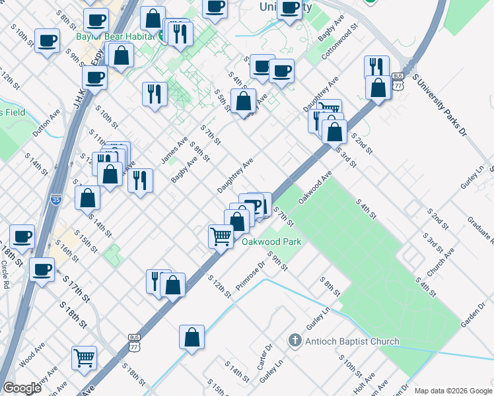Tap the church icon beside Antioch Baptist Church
click(x=296, y=341)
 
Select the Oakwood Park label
click(x=271, y=242)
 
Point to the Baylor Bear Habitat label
click(x=116, y=36)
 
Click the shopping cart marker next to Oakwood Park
click(x=221, y=236)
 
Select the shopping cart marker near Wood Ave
click(x=84, y=358)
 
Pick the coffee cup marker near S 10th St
click(x=47, y=41)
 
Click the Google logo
click(x=22, y=388)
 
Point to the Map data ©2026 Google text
click(x=453, y=390)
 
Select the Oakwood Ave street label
click(x=314, y=187)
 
